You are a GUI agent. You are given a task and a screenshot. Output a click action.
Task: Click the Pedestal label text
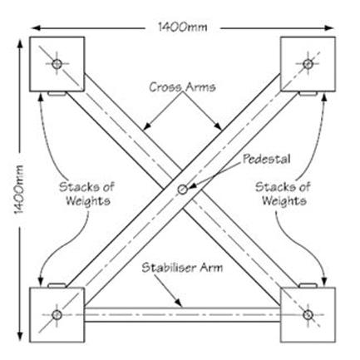267,159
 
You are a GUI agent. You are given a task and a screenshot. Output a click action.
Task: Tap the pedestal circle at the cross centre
182,190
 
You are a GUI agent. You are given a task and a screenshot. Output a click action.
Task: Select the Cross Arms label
182,87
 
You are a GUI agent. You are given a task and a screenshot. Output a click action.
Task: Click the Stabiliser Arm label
182,268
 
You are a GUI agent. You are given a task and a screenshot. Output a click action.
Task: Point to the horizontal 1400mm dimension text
183,27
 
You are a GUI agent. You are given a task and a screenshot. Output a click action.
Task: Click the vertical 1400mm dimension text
19,190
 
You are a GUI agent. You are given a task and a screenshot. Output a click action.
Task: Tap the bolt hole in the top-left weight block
57,64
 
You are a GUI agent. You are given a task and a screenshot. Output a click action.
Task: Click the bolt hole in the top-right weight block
308,64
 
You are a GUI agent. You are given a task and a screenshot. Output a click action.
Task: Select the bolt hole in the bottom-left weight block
57,315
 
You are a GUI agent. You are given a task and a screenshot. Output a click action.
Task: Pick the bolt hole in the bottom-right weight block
308,315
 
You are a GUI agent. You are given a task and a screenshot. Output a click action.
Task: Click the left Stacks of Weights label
87,194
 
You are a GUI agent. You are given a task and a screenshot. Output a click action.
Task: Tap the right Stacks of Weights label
283,194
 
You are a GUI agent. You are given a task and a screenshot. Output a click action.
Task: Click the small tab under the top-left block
57,93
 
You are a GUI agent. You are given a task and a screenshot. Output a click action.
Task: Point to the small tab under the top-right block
308,93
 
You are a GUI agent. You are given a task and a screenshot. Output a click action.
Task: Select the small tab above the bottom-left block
57,285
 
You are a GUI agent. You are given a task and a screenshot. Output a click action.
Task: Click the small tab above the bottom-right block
308,285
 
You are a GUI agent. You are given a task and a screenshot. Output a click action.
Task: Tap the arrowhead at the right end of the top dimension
330,27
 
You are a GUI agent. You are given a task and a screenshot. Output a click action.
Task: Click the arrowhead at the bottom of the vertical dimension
20,337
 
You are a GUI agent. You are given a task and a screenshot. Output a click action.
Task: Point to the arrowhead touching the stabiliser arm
179,303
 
